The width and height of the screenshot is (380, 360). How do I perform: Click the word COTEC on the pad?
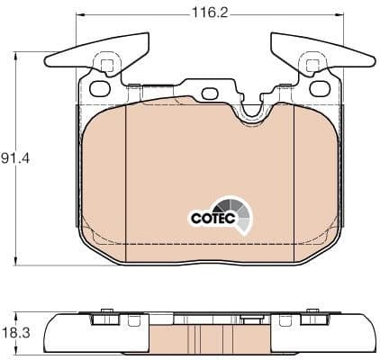(x=210, y=217)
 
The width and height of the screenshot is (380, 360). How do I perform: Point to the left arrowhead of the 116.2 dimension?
(x=79, y=15)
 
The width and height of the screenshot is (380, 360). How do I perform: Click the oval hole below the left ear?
(x=98, y=87)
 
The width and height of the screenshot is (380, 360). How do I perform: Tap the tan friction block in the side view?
(x=211, y=339)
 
